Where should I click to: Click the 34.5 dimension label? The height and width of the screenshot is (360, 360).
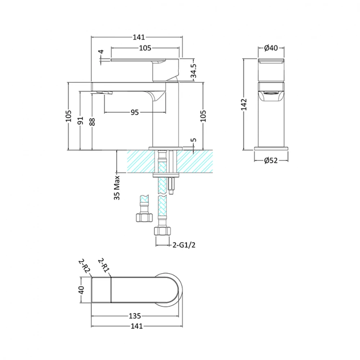tap(193, 71)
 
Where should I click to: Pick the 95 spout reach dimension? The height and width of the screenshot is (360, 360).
tap(135, 112)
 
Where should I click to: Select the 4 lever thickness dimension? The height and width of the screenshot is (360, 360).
tap(102, 52)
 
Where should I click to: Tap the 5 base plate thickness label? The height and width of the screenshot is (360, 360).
tap(193, 140)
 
